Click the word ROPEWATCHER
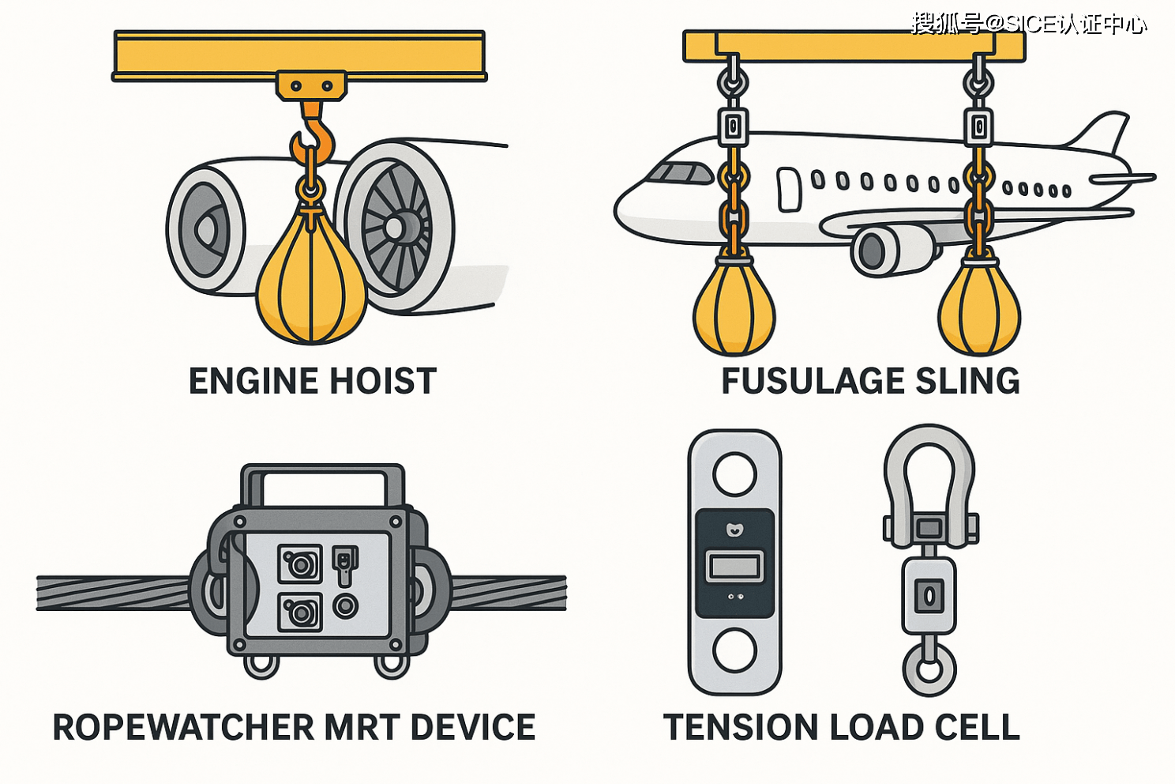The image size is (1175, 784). click(x=182, y=728)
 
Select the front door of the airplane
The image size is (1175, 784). click(x=789, y=190)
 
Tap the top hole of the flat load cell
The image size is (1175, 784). click(x=734, y=473)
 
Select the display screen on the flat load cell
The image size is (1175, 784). click(x=734, y=567)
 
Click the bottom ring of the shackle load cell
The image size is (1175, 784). click(x=929, y=670)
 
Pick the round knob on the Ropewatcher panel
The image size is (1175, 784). click(x=345, y=606)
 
